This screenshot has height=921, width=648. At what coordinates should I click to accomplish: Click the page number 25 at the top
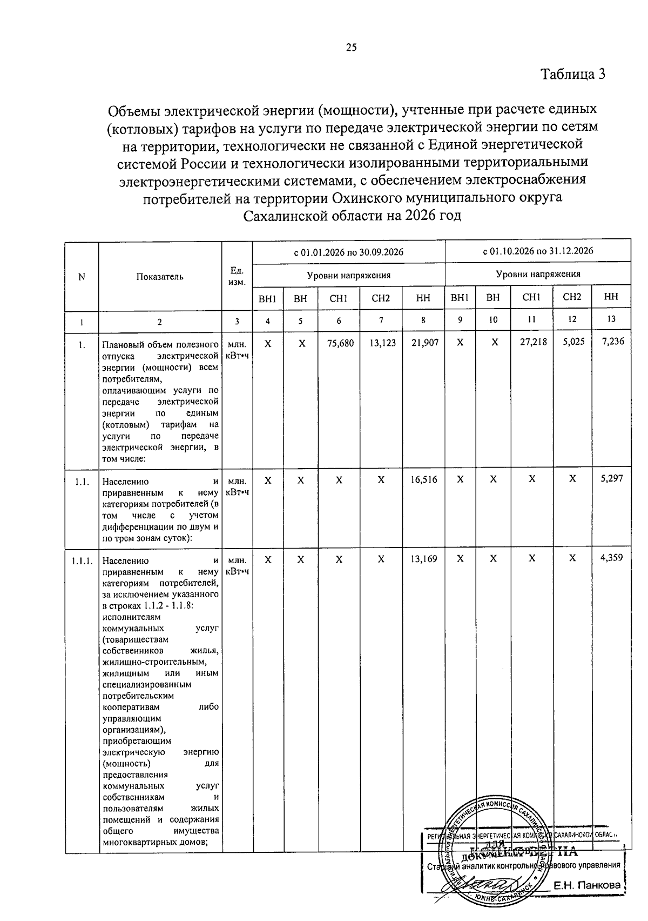click(x=351, y=48)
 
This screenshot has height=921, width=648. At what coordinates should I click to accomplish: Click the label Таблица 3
click(x=573, y=74)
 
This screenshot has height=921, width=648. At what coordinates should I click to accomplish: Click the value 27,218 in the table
click(x=532, y=342)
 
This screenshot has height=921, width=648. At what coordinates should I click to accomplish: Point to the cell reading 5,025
click(x=573, y=342)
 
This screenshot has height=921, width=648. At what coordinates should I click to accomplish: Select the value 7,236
click(x=612, y=342)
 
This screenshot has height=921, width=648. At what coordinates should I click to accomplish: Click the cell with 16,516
click(x=424, y=479)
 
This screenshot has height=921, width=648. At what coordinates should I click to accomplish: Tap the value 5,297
click(x=612, y=478)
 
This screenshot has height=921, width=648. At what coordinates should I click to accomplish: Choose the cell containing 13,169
click(x=424, y=559)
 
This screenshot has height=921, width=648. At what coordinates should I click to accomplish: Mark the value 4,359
click(x=612, y=558)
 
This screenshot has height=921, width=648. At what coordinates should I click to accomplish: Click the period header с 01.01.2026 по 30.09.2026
click(x=348, y=252)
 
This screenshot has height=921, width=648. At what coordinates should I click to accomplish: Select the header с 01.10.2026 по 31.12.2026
click(x=538, y=251)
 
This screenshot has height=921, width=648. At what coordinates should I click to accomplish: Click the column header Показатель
click(x=160, y=277)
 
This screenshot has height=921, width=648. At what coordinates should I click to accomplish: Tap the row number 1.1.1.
click(x=82, y=560)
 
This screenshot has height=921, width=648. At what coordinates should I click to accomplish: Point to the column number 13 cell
click(x=611, y=319)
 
